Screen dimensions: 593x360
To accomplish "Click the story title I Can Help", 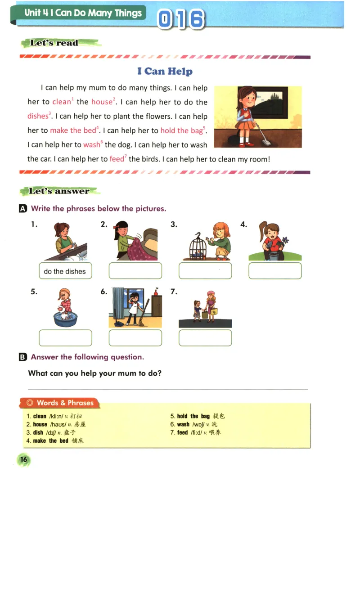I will (165, 71).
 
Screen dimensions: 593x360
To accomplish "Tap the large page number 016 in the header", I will (181, 19).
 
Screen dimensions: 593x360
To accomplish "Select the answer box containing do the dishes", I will (65, 271).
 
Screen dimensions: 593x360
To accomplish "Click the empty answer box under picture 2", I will (135, 271).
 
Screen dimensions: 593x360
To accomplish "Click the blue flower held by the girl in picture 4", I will (284, 240).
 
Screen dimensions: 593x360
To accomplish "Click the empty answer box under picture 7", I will (205, 338).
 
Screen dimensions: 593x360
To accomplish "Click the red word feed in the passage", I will (117, 159).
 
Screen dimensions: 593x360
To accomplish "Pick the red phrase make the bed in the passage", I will (73, 130).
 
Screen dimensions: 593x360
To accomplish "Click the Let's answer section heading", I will (59, 191).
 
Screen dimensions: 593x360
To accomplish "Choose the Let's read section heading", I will (54, 43).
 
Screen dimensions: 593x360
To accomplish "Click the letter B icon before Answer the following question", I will (23, 357).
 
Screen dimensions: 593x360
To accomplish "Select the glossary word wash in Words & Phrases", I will (183, 424).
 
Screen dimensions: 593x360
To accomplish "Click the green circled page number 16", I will (23, 460).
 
